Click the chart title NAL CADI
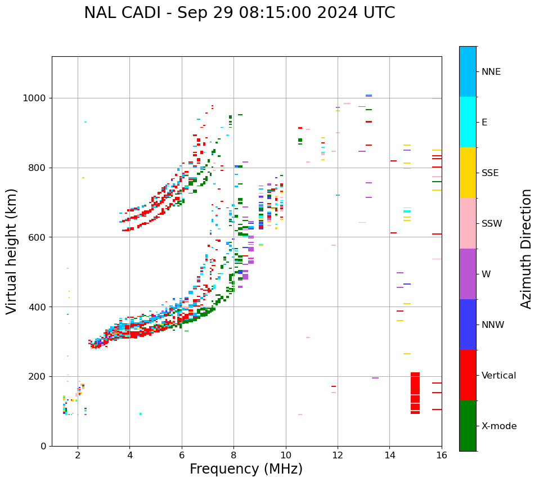coord(239,13)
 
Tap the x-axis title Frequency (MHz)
coord(246,469)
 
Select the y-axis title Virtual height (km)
coord(12,251)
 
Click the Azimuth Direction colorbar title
coord(526,249)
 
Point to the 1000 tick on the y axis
coord(36,98)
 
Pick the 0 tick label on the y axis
coord(43,446)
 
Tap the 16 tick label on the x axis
coord(442,455)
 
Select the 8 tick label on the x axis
coord(233,455)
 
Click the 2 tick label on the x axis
coord(78,455)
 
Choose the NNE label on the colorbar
coord(491,72)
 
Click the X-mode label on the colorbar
coord(498,426)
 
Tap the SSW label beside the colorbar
coord(492,224)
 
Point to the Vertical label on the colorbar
coord(498,376)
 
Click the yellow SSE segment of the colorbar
coord(468,173)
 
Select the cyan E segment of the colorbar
coord(468,122)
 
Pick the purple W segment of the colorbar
coord(468,274)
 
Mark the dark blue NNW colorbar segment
coord(468,325)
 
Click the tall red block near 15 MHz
coord(415,393)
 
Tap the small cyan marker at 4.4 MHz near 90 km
coord(140,414)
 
